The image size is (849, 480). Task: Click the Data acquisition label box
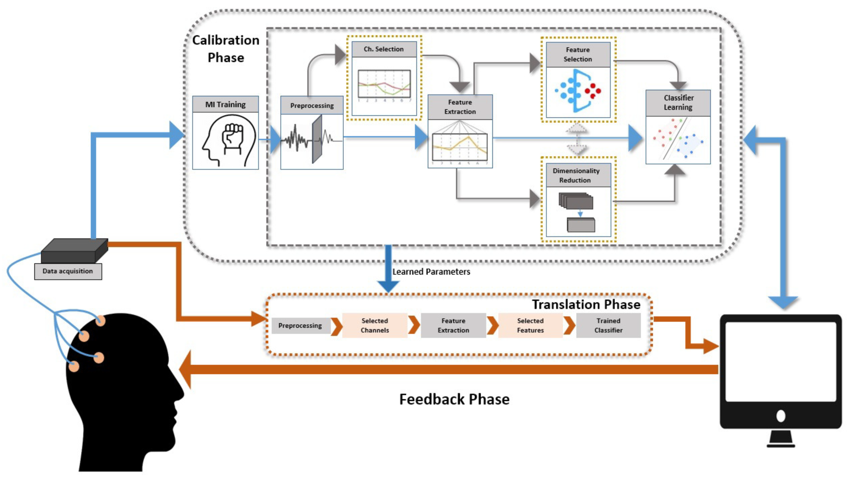[x=68, y=271]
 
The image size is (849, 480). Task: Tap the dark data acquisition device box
[x=74, y=251]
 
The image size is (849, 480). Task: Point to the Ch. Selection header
[x=384, y=49]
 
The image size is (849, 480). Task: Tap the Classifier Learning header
[x=678, y=103]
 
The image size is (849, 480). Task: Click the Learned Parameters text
[x=431, y=272]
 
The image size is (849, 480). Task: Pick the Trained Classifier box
[x=608, y=325]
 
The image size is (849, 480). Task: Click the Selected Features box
[x=530, y=325]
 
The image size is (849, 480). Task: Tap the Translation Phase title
[x=586, y=304]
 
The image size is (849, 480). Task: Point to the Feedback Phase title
[x=454, y=399]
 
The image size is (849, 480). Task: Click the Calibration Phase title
[x=226, y=49]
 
